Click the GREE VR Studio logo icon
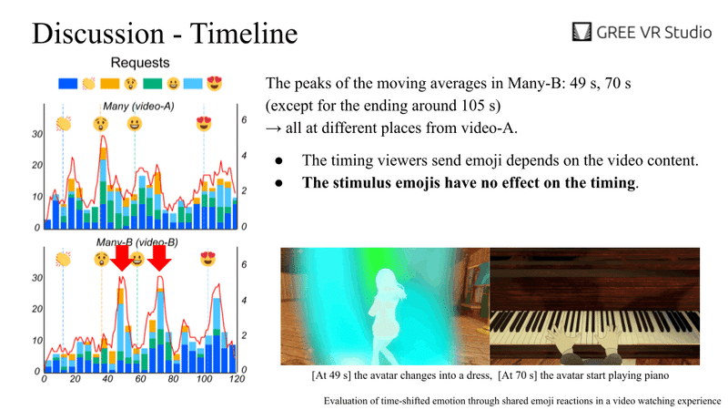[x=581, y=32]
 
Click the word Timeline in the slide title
[x=244, y=34]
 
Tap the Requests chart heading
[x=140, y=63]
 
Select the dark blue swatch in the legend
[x=67, y=84]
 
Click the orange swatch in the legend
[x=110, y=84]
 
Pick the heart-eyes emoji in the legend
[x=215, y=83]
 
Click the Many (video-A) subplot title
[x=138, y=106]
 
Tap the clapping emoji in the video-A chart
[x=64, y=124]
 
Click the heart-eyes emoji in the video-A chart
[x=204, y=124]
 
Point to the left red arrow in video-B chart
[x=122, y=258]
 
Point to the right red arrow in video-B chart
[x=159, y=258]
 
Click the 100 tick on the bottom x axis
[x=204, y=379]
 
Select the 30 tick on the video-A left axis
[x=37, y=134]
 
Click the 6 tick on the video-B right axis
[x=244, y=264]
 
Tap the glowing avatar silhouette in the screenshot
[x=388, y=313]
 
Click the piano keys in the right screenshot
[x=595, y=328]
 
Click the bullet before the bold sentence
[x=278, y=183]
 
